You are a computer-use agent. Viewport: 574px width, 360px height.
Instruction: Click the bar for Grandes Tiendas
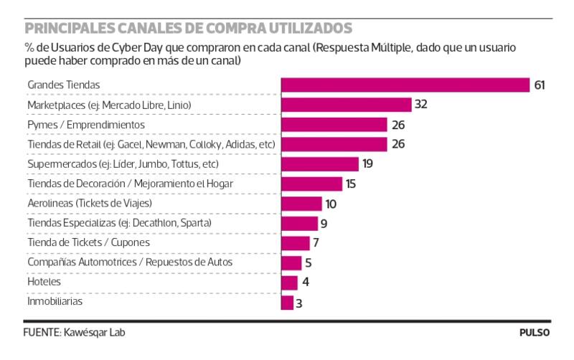(405, 85)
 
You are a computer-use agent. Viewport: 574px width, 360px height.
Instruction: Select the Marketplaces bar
(346, 105)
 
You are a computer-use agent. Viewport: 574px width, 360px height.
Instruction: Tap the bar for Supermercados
(319, 164)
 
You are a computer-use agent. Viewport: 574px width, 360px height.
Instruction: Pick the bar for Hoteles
(289, 283)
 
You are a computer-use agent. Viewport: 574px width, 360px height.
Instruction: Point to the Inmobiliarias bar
(287, 303)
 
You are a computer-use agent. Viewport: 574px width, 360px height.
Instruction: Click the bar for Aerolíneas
(301, 204)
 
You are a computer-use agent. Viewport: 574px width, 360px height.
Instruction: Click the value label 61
(540, 85)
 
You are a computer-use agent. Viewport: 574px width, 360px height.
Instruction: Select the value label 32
(421, 105)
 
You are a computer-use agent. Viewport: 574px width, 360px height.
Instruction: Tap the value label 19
(367, 164)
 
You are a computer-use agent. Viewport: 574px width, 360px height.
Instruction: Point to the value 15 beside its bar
(351, 184)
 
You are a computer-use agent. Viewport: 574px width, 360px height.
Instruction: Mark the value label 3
(300, 303)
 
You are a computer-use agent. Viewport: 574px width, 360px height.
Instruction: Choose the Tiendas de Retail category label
(151, 144)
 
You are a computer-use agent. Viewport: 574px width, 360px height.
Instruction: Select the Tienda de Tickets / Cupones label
(88, 243)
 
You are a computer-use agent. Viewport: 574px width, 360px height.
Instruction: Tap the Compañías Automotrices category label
(130, 262)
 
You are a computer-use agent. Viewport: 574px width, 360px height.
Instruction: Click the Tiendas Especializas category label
(119, 223)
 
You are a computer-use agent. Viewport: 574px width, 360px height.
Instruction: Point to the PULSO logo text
(535, 333)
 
